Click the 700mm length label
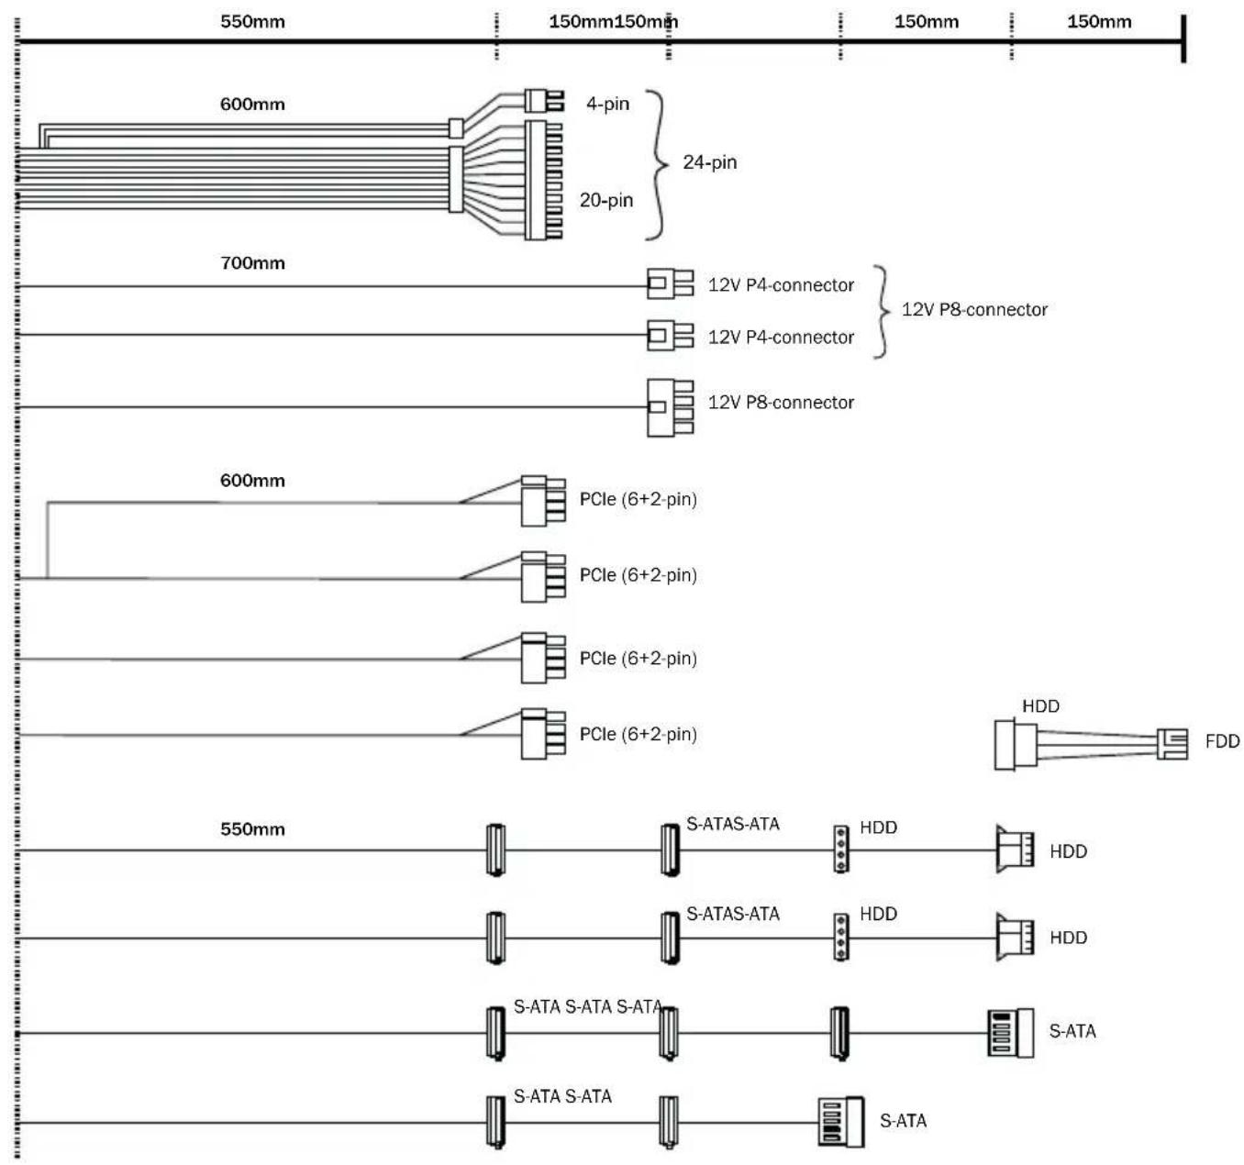pyautogui.click(x=252, y=262)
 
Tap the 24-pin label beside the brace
pyautogui.click(x=710, y=162)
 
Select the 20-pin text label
pyautogui.click(x=606, y=200)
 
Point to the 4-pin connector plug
pyautogui.click(x=544, y=100)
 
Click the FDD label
pyautogui.click(x=1222, y=741)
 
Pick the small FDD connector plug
pyautogui.click(x=1172, y=743)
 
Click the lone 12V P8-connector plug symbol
pyautogui.click(x=670, y=407)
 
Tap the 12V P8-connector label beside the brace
pyautogui.click(x=974, y=309)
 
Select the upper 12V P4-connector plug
pyautogui.click(x=670, y=283)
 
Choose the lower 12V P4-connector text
pyautogui.click(x=781, y=337)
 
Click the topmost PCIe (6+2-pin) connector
pyautogui.click(x=543, y=501)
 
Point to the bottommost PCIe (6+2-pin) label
pyautogui.click(x=638, y=734)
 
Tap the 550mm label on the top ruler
pyautogui.click(x=252, y=21)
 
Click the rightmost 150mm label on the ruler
pyautogui.click(x=1099, y=21)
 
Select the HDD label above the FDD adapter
pyautogui.click(x=1040, y=706)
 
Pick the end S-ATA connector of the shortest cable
pyautogui.click(x=841, y=1122)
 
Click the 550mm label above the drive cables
pyautogui.click(x=252, y=829)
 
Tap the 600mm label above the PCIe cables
pyautogui.click(x=252, y=481)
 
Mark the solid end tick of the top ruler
pyautogui.click(x=1183, y=39)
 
